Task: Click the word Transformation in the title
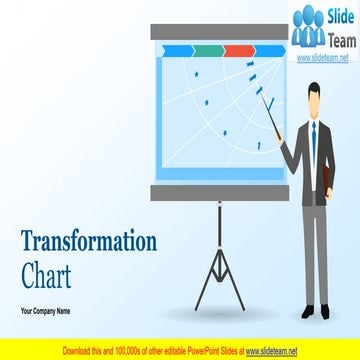(89, 242)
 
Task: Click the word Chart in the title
(44, 270)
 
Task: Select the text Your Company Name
(45, 313)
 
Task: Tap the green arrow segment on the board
(209, 49)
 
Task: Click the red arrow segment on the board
(240, 49)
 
